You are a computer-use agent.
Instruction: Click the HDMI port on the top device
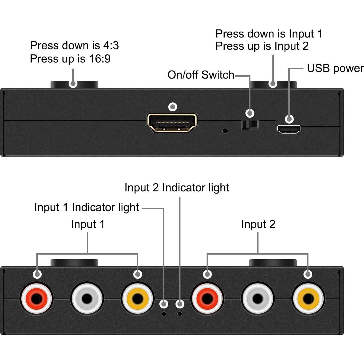pyautogui.click(x=172, y=123)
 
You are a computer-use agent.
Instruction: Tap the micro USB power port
pyautogui.click(x=288, y=129)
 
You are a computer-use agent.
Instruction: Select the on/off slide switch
pyautogui.click(x=250, y=125)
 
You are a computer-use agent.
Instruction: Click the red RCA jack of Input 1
pyautogui.click(x=36, y=298)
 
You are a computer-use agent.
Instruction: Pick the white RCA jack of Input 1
pyautogui.click(x=87, y=298)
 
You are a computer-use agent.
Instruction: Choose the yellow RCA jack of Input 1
pyautogui.click(x=137, y=298)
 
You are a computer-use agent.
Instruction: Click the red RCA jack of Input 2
pyautogui.click(x=207, y=298)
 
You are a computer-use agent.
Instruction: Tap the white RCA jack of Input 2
pyautogui.click(x=258, y=298)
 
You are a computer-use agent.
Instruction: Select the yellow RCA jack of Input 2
pyautogui.click(x=308, y=298)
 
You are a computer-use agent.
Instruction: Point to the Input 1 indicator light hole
pyautogui.click(x=164, y=314)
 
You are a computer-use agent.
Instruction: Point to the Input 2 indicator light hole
pyautogui.click(x=180, y=314)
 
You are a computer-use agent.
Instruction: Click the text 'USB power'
pyautogui.click(x=335, y=68)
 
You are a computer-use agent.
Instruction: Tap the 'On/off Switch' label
pyautogui.click(x=201, y=75)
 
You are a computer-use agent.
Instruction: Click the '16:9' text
pyautogui.click(x=100, y=59)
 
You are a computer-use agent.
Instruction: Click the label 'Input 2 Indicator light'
pyautogui.click(x=177, y=188)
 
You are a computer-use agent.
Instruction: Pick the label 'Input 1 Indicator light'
pyautogui.click(x=87, y=207)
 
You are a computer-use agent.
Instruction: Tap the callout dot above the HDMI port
pyautogui.click(x=173, y=107)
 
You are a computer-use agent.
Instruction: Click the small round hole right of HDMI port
pyautogui.click(x=225, y=130)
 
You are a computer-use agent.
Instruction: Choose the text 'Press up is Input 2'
pyautogui.click(x=262, y=46)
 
